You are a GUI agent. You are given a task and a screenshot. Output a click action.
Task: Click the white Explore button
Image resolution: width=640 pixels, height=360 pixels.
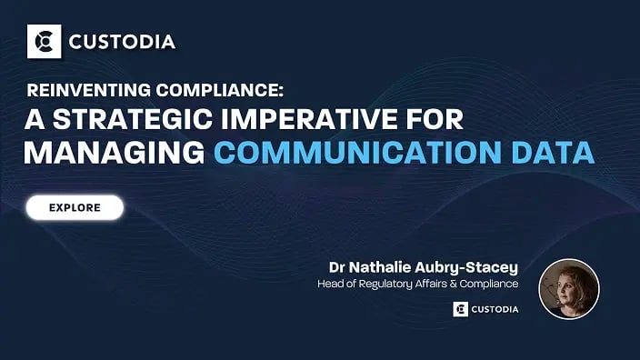[75, 207]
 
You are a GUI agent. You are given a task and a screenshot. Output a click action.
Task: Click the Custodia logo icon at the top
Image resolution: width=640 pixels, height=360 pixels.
[43, 41]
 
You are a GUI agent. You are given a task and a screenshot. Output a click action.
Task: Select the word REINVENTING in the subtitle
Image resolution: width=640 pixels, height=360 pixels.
[81, 91]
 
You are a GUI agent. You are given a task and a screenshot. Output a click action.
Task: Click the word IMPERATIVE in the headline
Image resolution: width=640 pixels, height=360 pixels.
[331, 119]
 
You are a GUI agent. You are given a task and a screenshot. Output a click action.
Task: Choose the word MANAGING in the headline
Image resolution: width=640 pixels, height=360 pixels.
[114, 151]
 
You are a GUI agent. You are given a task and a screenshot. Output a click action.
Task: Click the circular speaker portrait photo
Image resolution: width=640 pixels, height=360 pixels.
[569, 289]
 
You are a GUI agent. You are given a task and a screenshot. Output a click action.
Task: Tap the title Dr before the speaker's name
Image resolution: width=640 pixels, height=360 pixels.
[338, 267]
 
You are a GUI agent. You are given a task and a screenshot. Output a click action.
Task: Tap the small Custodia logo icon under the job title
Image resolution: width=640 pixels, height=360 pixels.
[460, 309]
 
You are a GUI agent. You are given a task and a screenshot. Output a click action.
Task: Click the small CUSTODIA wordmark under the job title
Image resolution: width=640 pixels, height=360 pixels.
[496, 309]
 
